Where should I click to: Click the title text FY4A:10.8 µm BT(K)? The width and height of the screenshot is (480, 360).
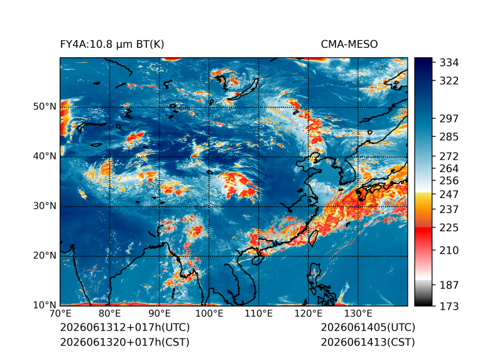pyautogui.click(x=112, y=45)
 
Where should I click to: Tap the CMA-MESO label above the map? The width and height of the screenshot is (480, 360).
pyautogui.click(x=349, y=45)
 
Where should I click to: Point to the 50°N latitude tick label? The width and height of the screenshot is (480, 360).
pyautogui.click(x=45, y=107)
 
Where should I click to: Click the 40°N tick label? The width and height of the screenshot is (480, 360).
pyautogui.click(x=45, y=156)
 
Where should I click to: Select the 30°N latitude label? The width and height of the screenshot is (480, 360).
pyautogui.click(x=45, y=205)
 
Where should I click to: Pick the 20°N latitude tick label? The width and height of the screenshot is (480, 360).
pyautogui.click(x=45, y=255)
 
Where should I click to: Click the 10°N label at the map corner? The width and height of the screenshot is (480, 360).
pyautogui.click(x=45, y=305)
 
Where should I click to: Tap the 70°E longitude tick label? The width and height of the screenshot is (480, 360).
pyautogui.click(x=60, y=314)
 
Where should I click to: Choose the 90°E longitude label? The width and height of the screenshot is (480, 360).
pyautogui.click(x=159, y=314)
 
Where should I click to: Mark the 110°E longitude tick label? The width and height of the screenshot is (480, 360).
pyautogui.click(x=259, y=314)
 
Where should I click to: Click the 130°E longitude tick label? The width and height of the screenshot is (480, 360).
pyautogui.click(x=358, y=314)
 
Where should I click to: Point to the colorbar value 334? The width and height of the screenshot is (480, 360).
pyautogui.click(x=449, y=63)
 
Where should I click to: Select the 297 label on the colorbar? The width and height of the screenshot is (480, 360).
pyautogui.click(x=449, y=119)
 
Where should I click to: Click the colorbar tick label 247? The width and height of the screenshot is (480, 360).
pyautogui.click(x=449, y=194)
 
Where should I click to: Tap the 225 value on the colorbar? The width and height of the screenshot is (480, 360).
pyautogui.click(x=449, y=228)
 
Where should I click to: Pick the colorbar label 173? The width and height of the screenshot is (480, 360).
pyautogui.click(x=449, y=306)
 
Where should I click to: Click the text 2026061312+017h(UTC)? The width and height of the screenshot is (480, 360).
pyautogui.click(x=125, y=327)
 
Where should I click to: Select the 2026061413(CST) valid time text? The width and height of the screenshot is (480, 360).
pyautogui.click(x=368, y=342)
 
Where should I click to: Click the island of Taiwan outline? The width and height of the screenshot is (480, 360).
pyautogui.click(x=313, y=238)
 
